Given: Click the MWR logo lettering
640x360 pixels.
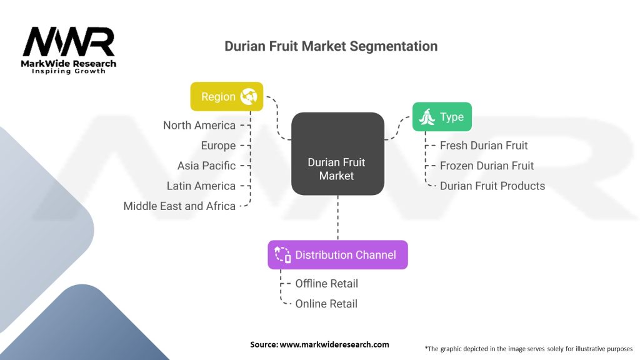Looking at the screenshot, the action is tap(69, 41).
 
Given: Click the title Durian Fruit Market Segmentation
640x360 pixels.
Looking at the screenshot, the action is tap(331, 46).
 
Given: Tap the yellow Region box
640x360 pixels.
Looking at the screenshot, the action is tap(227, 97).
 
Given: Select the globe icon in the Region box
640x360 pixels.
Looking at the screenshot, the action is tap(249, 97).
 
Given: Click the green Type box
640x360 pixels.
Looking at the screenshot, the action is tap(442, 117).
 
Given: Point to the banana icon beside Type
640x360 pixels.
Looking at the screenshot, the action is tap(427, 117).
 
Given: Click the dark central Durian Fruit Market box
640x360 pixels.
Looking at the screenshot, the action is tap(337, 154).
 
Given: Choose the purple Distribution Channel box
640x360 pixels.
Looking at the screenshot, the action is tap(337, 255).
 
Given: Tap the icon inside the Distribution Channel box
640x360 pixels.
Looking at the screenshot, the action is tap(282, 255).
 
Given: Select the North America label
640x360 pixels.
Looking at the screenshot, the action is tap(199, 125).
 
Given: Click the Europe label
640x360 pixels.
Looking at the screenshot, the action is tap(218, 146).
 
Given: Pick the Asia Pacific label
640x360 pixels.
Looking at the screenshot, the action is tap(206, 166).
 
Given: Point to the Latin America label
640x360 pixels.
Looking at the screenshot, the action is tap(201, 186).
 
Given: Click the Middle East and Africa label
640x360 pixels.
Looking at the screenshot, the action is tap(179, 206).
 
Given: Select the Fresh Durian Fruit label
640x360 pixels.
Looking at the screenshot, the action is tap(484, 146).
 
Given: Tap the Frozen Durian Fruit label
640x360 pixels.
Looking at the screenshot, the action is tap(486, 166).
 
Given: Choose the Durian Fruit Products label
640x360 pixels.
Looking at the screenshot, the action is tap(492, 186).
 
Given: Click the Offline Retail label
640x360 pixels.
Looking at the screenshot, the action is tap(326, 284).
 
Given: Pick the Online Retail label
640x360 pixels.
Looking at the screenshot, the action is tap(326, 304).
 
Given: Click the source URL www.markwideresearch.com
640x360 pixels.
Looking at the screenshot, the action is tap(334, 344).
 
